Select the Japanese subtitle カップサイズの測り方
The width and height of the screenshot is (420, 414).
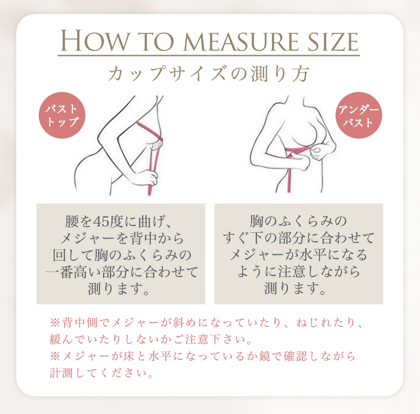[209, 74]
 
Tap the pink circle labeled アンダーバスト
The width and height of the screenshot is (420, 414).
[359, 116]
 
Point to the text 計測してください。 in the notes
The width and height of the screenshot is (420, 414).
[101, 373]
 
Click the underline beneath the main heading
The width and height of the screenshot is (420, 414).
[209, 56]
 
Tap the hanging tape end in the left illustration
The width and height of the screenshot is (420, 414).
[150, 189]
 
